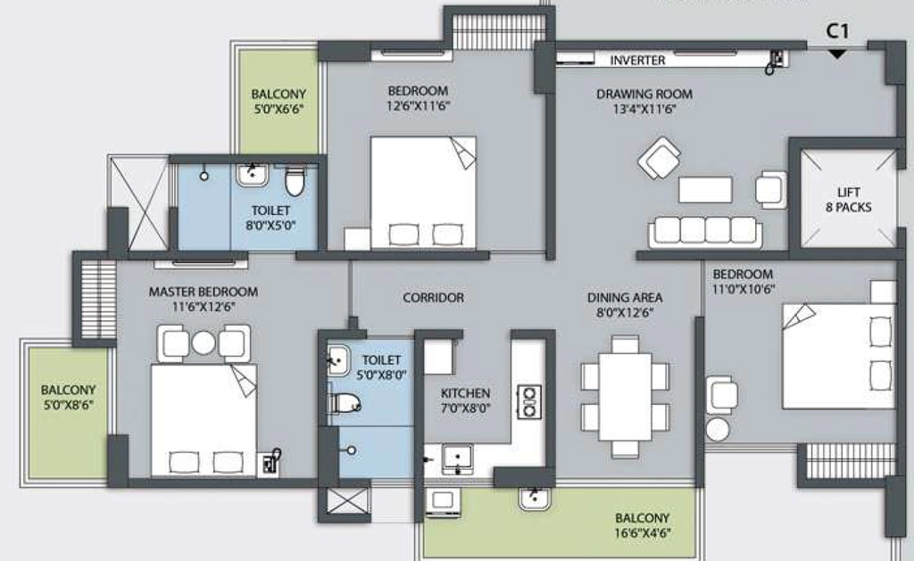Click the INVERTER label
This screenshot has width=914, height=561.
637,60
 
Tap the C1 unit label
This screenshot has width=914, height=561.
837,31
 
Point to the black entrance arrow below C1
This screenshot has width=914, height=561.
837,54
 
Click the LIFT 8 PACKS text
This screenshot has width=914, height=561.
848,199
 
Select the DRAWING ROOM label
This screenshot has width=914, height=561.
644,94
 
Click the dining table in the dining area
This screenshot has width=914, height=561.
625,396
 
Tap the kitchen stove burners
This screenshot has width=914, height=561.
529,402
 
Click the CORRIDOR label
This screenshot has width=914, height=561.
433,298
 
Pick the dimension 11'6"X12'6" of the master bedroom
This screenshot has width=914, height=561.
203,307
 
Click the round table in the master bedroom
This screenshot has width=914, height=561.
203,342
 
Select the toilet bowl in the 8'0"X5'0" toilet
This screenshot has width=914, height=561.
295,181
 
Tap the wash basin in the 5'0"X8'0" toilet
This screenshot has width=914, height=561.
338,359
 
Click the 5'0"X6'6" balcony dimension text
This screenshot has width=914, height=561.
278,109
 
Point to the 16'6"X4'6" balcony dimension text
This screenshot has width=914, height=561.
642,532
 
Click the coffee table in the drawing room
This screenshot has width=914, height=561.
705,190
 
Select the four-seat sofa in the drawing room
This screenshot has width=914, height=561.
705,232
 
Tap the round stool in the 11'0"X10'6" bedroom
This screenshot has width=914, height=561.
718,429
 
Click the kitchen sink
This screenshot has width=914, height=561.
458,458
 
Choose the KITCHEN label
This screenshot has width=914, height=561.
465,393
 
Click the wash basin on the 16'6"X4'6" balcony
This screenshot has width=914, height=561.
534,499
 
